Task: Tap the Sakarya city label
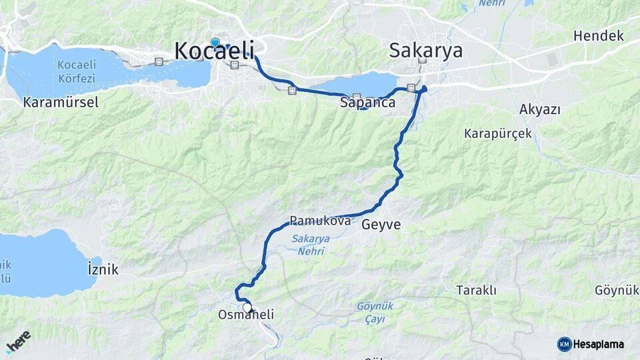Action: (x=425, y=51)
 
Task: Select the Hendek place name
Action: (x=599, y=35)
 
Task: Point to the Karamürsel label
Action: (x=60, y=103)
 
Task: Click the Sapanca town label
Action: (x=367, y=103)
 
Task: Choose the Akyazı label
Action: (x=539, y=109)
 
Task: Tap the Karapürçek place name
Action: (x=498, y=133)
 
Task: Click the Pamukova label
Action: (x=320, y=221)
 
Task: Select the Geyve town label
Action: (x=381, y=225)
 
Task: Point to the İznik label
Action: (x=103, y=269)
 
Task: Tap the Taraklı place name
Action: (x=476, y=290)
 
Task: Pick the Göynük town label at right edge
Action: (x=617, y=291)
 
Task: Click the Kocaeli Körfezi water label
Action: (x=78, y=71)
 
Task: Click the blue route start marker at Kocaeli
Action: (x=215, y=43)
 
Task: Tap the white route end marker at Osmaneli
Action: (x=247, y=308)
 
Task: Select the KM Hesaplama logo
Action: (x=591, y=344)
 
